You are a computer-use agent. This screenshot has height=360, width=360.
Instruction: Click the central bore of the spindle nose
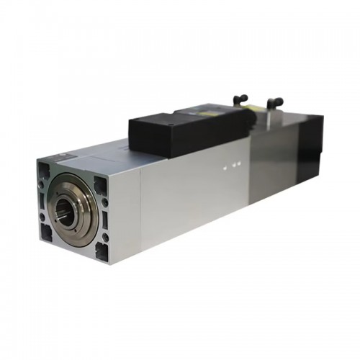pos(68,213)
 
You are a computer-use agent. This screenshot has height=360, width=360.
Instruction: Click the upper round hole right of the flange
pos(106,202)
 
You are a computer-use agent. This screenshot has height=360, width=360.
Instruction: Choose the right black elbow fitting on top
pos(274,104)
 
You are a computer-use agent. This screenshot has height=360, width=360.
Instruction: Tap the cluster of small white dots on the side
pos(229,168)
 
